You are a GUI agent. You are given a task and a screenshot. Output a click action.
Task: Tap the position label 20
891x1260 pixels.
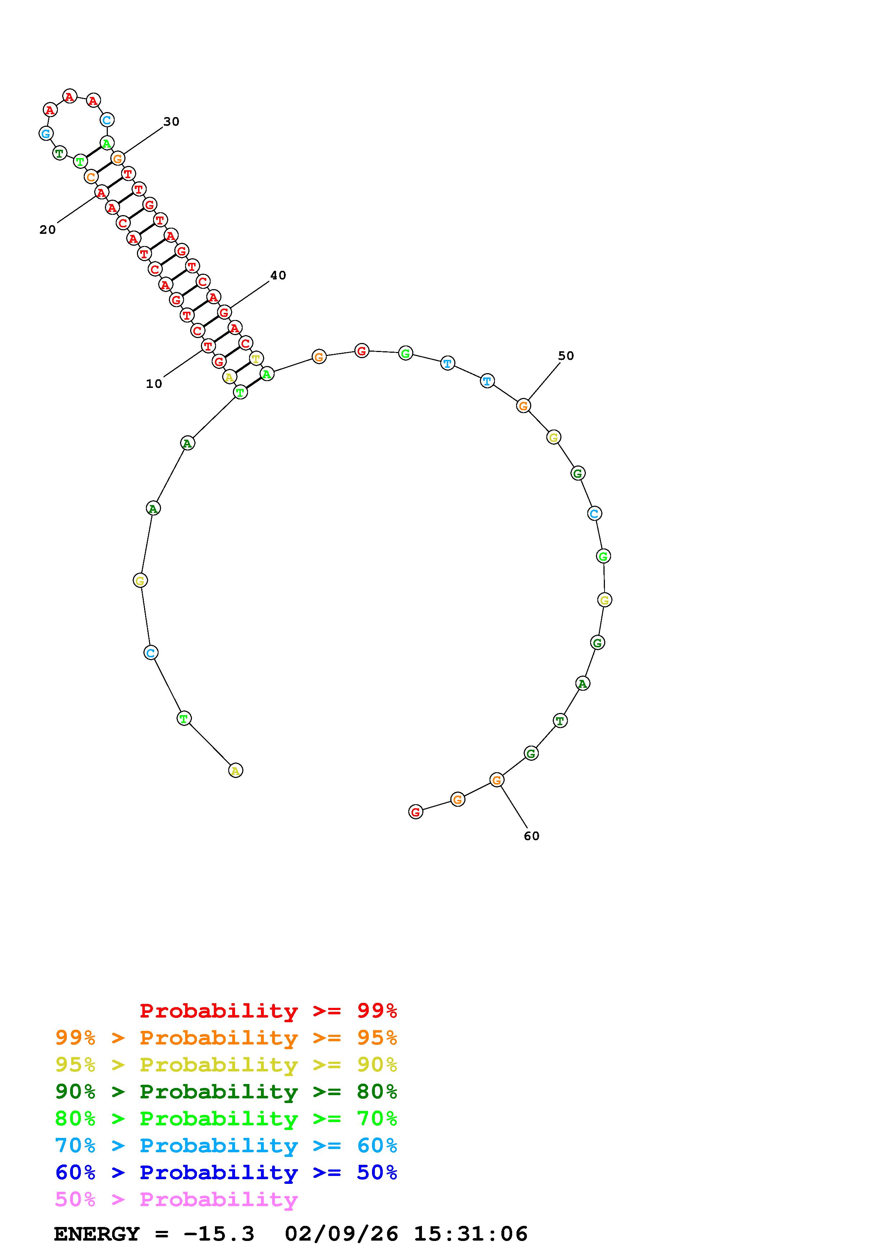[x=48, y=230]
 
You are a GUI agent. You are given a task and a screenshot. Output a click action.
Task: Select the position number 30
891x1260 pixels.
[x=171, y=122]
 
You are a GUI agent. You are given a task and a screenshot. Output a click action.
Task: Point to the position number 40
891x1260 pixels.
[x=278, y=275]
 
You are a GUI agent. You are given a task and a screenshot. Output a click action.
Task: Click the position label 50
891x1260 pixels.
[x=566, y=356]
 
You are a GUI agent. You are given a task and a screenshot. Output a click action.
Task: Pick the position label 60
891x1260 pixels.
[x=532, y=836]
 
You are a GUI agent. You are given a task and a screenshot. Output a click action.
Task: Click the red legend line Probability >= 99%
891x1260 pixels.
[x=268, y=1011]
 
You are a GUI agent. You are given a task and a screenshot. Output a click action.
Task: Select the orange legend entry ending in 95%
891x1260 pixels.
[x=226, y=1038]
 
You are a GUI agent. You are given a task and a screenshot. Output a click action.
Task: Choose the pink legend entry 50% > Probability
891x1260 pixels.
[x=176, y=1200]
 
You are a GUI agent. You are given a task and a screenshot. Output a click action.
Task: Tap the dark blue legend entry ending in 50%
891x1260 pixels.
[x=226, y=1172]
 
